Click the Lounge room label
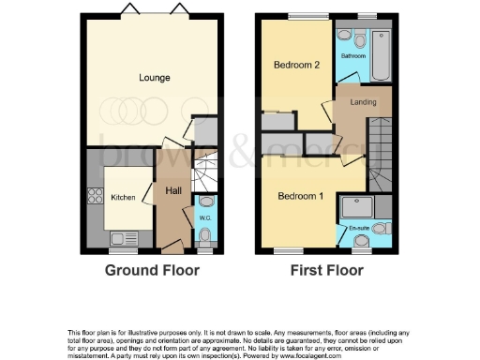(x=154, y=77)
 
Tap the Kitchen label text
(x=124, y=198)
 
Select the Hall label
(x=173, y=191)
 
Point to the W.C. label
(x=206, y=218)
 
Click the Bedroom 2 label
(x=297, y=66)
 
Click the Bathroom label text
(x=353, y=56)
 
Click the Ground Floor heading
(x=153, y=270)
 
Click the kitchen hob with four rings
(x=94, y=197)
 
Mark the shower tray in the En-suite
(x=361, y=205)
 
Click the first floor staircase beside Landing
(x=382, y=150)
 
